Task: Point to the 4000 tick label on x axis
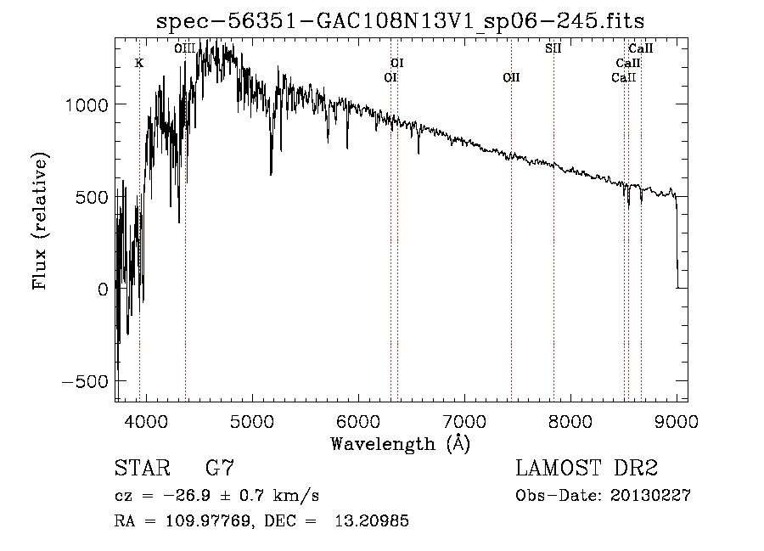[x=146, y=420]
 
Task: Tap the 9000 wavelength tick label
[x=677, y=420]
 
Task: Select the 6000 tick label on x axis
[x=358, y=420]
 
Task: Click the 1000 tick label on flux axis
[x=87, y=104]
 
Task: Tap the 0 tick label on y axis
[x=102, y=290]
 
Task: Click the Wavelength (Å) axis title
[x=400, y=443]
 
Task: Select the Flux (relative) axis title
[x=41, y=221]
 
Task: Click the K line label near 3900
[x=139, y=63]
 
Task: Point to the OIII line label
[x=184, y=48]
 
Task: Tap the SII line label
[x=553, y=48]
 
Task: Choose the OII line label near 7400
[x=511, y=78]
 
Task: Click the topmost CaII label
[x=640, y=48]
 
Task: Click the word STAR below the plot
[x=140, y=469]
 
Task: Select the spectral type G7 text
[x=220, y=469]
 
